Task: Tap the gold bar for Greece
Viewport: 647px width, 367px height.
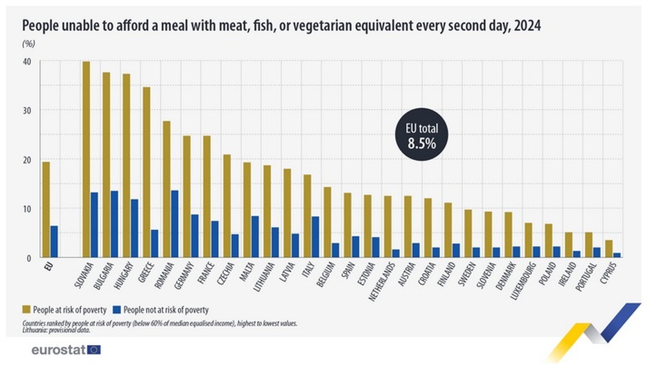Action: point(146,172)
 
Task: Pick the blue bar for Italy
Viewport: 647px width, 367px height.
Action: point(315,237)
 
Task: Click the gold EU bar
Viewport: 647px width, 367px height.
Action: point(46,210)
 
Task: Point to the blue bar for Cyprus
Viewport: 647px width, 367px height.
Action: point(617,255)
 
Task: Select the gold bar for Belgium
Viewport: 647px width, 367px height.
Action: point(327,222)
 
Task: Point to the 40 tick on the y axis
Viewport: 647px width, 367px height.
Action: point(28,61)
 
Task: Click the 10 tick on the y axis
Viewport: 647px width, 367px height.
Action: point(28,209)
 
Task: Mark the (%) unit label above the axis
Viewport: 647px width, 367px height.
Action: point(28,44)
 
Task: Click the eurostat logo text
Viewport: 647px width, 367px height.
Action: point(58,350)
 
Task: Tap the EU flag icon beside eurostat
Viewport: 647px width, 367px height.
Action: point(94,350)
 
